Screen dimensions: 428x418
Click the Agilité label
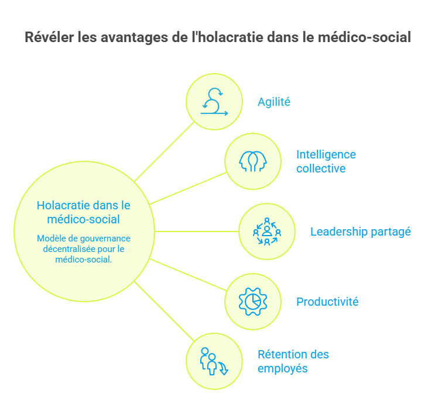tap(274, 102)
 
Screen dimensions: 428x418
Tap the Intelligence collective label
tap(326, 161)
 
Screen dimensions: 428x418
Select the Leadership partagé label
tap(360, 232)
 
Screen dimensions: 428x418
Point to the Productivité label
tap(327, 302)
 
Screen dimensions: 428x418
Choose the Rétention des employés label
tap(293, 361)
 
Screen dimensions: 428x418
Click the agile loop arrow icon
tap(214, 102)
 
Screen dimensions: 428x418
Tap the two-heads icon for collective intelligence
tap(253, 161)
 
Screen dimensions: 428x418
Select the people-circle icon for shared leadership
tap(267, 232)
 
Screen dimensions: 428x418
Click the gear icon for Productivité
tap(253, 302)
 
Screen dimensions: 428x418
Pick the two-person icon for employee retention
tap(214, 361)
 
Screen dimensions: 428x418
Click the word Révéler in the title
tap(49, 37)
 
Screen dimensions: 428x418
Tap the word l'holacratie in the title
tap(228, 37)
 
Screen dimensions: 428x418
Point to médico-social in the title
tap(364, 37)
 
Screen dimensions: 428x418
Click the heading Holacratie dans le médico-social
tap(84, 212)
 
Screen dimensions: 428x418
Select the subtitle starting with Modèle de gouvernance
tap(84, 249)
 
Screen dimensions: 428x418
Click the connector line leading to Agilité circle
tap(165, 151)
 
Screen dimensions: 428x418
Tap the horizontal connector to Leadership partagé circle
tap(197, 232)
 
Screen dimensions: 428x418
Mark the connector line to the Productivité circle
tap(188, 275)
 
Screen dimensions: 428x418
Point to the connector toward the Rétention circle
tap(165, 311)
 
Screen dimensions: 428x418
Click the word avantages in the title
tap(134, 37)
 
